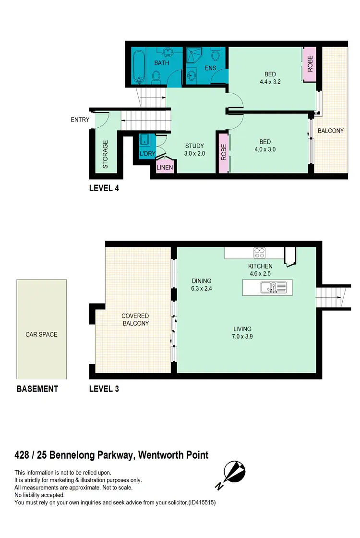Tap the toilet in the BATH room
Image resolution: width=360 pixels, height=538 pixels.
point(156,75)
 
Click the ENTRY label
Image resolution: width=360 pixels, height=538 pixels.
point(80,120)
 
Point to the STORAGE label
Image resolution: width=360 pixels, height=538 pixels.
point(106,154)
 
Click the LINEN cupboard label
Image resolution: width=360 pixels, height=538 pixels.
point(165,168)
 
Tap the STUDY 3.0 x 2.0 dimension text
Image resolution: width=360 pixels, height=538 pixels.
point(195,153)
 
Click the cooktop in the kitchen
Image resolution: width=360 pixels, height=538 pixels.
point(260,252)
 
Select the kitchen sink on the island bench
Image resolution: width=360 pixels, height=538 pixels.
point(268,287)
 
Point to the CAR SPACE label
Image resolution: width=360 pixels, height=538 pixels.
point(41,334)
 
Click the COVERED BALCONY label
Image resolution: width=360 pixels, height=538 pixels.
point(135,319)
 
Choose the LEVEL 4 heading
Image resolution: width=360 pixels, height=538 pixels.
point(104,188)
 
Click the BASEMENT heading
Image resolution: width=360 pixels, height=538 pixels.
point(37,389)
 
